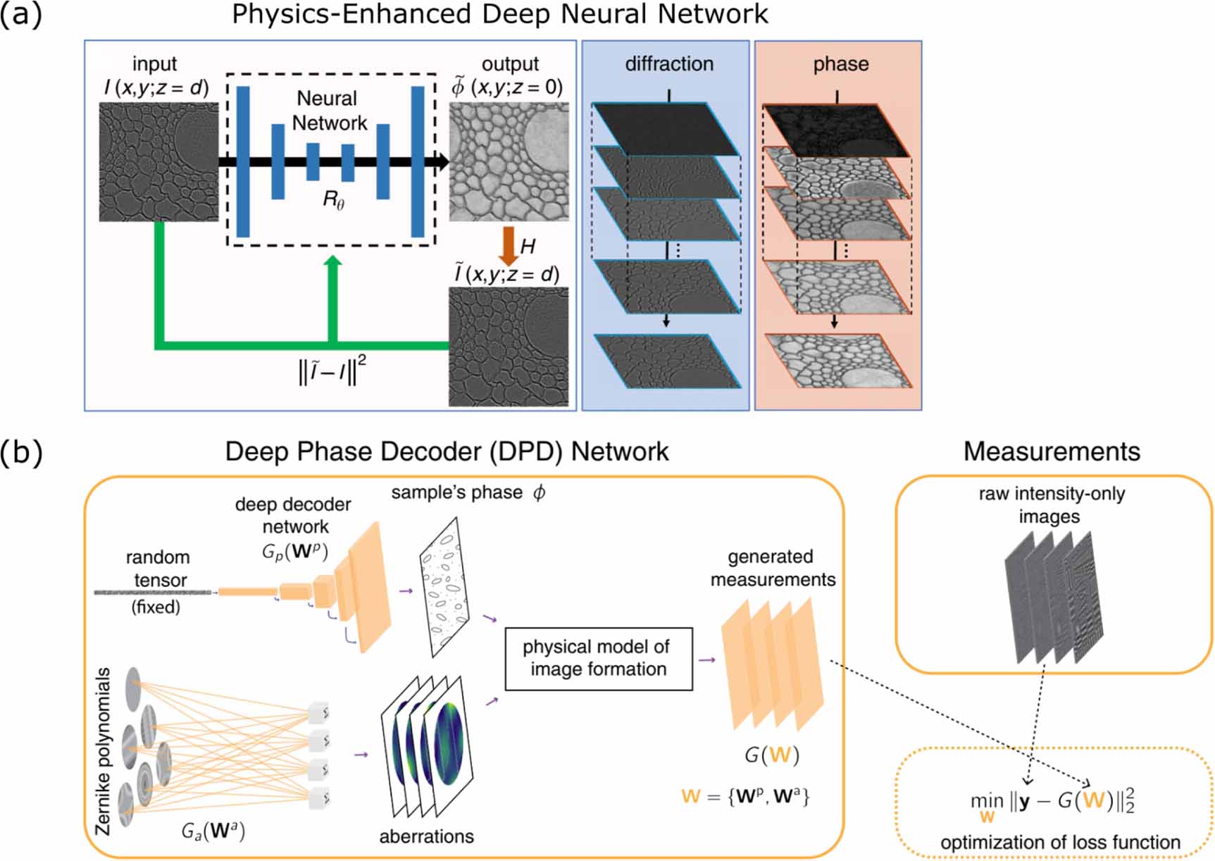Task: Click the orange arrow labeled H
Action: click(508, 245)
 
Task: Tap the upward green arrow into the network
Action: click(333, 296)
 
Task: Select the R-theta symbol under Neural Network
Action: click(333, 201)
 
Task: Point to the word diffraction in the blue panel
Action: click(669, 64)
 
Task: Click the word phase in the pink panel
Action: click(840, 64)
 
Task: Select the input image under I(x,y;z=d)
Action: click(158, 162)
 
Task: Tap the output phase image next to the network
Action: click(509, 162)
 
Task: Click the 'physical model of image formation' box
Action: click(598, 658)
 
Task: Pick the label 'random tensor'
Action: click(158, 568)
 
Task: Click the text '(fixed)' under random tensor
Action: click(156, 607)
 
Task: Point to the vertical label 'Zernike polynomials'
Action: click(104, 751)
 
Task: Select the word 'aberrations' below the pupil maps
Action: click(426, 836)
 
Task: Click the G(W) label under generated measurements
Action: click(772, 755)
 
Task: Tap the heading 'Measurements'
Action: click(1051, 451)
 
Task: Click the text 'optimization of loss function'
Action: click(1060, 842)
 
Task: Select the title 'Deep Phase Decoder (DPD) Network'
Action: click(447, 451)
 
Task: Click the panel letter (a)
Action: click(21, 14)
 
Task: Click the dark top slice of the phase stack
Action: click(837, 130)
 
